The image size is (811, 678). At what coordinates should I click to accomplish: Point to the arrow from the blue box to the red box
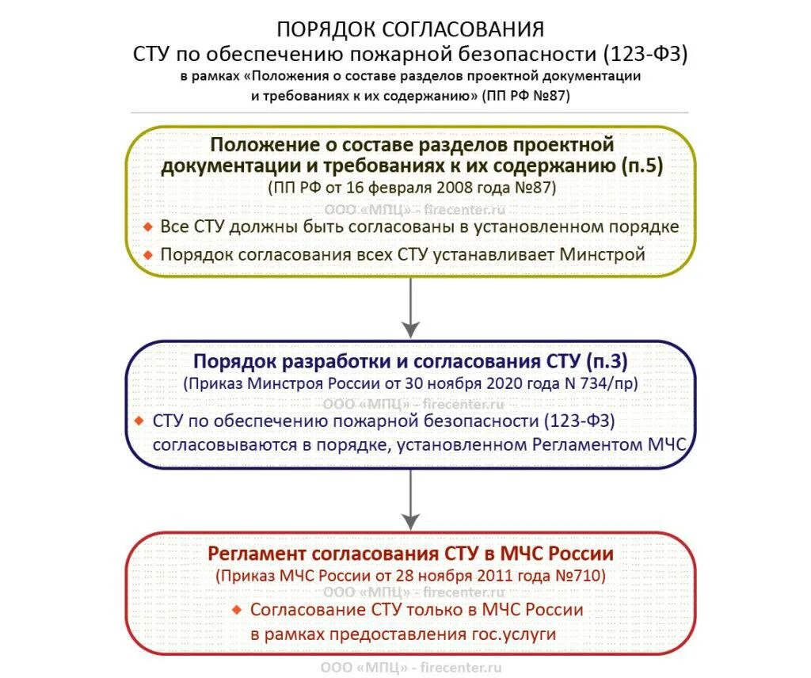point(410,500)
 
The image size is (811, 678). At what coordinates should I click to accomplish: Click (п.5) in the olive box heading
point(642,166)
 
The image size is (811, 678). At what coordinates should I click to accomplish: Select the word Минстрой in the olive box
point(603,255)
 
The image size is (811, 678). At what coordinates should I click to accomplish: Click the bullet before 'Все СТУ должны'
point(148,227)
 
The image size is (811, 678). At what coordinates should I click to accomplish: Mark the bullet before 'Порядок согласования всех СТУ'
point(148,255)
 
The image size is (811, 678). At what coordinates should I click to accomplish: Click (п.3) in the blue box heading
point(607,361)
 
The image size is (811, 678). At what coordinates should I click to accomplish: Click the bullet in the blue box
point(139,419)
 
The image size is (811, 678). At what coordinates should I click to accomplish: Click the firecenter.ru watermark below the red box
point(460,668)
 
